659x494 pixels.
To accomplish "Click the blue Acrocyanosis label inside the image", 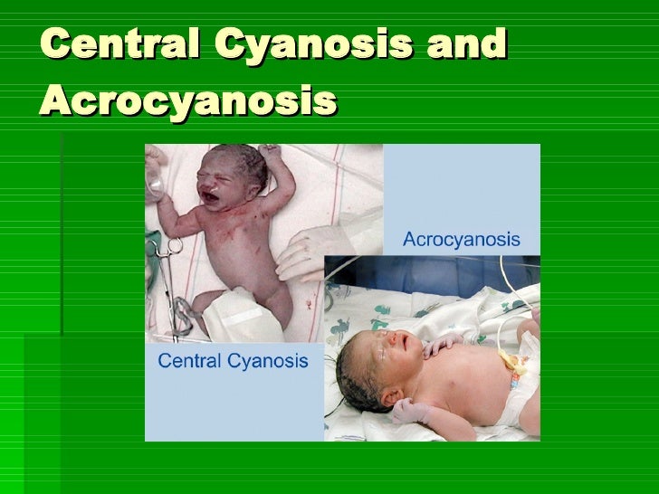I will [461, 240].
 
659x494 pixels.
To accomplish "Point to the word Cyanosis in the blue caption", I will [267, 362].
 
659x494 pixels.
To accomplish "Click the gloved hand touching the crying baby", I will [303, 249].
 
